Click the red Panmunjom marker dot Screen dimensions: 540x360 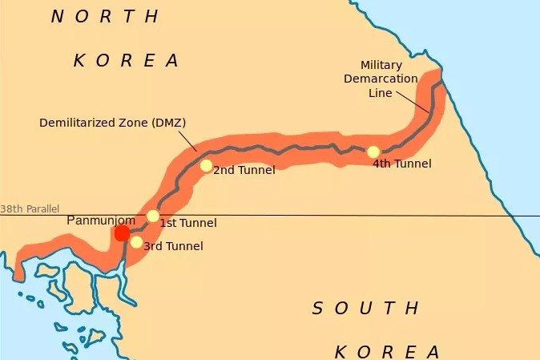point(122,233)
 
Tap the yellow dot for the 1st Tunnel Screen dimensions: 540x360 point(153,216)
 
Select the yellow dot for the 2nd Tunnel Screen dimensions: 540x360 point(206,166)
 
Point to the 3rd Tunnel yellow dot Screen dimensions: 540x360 point(136,242)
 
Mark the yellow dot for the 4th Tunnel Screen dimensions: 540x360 point(373,152)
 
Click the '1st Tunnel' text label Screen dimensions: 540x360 point(188,223)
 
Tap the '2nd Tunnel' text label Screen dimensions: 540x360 point(244,170)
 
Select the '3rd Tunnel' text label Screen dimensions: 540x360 point(172,246)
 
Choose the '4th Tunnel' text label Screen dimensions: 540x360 point(402,164)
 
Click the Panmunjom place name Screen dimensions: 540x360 point(100,220)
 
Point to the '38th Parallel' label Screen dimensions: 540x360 point(30,209)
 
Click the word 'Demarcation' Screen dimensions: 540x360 point(381,79)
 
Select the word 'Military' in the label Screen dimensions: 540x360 point(381,65)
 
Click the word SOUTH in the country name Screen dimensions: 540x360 point(365,308)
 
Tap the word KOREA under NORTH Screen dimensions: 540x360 point(127,60)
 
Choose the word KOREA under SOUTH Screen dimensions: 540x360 point(387,351)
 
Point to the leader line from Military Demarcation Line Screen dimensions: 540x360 point(412,99)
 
